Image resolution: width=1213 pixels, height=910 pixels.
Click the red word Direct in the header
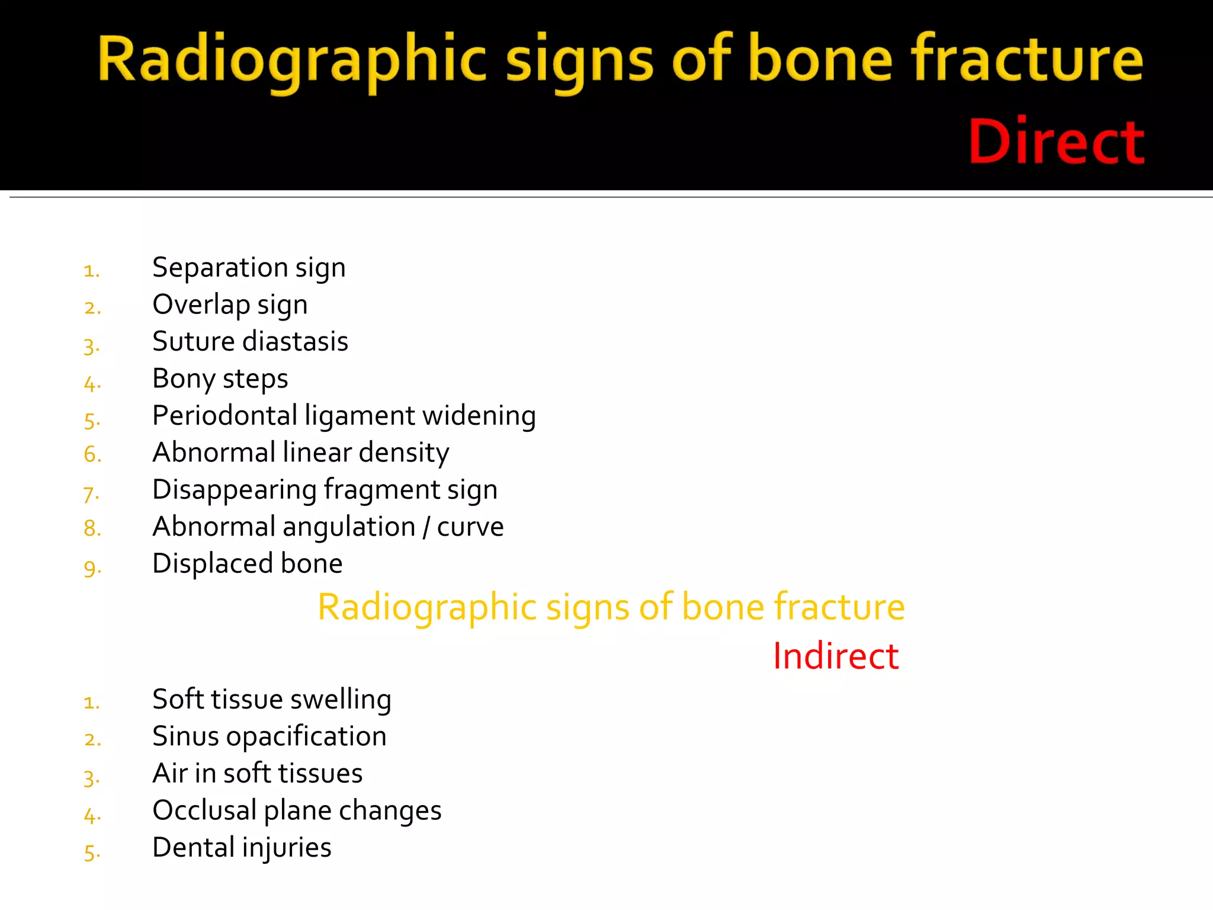pos(1056,142)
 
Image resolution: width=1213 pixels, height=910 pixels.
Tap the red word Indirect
pos(836,656)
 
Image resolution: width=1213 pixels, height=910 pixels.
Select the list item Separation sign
pos(249,268)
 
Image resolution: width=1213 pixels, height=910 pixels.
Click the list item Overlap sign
pos(230,305)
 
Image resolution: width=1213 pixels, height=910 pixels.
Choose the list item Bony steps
pos(220,379)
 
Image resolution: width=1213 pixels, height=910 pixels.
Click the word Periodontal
pos(224,416)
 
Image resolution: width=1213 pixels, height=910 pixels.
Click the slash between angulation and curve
pos(426,527)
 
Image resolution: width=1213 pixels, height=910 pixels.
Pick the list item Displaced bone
pos(247,563)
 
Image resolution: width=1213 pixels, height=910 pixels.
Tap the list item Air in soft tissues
pos(257,774)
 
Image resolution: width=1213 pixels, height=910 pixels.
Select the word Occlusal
pos(204,810)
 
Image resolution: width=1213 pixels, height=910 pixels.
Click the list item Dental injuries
pos(242,848)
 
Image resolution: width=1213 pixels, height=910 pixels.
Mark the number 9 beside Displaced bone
pos(92,568)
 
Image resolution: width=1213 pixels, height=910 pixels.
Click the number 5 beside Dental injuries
pos(92,852)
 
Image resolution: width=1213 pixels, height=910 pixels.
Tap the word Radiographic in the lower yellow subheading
pos(426,607)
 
